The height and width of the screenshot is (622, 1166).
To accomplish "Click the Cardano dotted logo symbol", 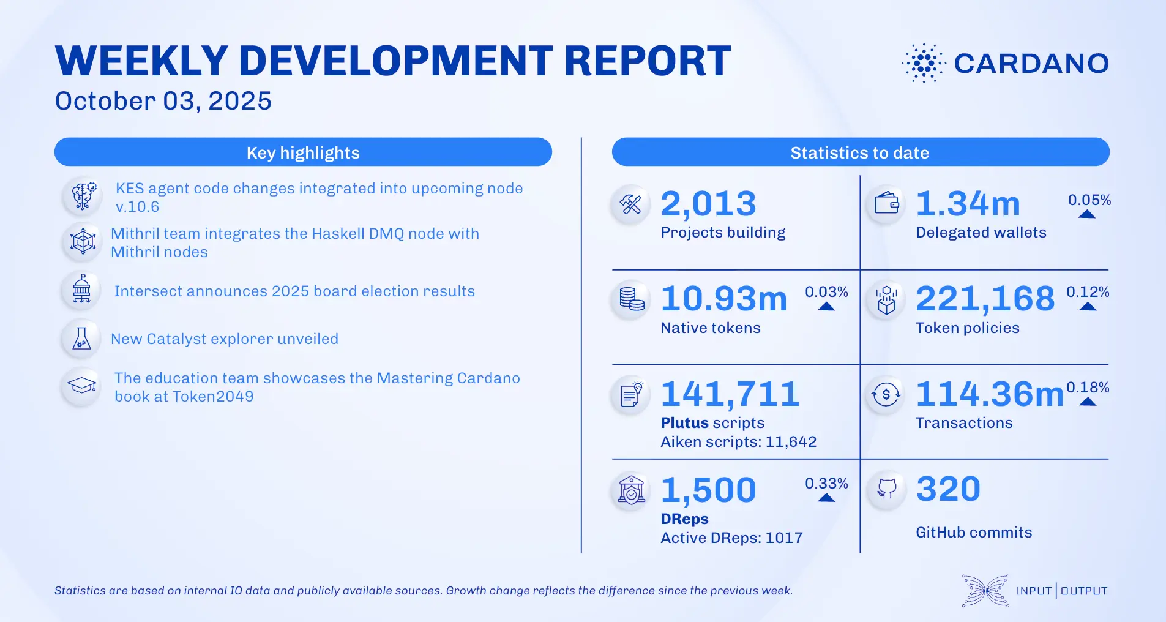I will (924, 63).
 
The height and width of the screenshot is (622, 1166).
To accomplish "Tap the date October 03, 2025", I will (163, 101).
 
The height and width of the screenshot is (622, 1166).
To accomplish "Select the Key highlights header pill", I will (303, 152).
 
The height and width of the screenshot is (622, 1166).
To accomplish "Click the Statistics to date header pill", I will (860, 152).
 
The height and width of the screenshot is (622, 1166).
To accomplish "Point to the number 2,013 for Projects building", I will (708, 204).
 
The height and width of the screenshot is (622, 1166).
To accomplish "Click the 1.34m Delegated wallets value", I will (968, 204).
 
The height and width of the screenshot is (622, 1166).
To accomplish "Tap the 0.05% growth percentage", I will (1089, 200).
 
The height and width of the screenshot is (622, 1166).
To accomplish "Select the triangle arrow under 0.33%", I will (826, 498).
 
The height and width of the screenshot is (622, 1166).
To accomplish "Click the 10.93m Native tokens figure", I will (723, 299).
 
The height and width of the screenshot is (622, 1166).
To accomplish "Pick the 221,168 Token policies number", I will (985, 299).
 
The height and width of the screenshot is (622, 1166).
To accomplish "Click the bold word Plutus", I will (684, 423).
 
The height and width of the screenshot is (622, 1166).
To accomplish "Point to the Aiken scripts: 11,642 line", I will (738, 442).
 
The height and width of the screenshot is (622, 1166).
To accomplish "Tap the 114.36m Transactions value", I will (989, 394).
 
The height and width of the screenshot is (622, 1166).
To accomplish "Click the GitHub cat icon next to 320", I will (886, 489).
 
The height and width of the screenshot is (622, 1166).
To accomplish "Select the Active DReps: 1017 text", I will (731, 538).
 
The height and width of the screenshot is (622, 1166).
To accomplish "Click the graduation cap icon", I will (81, 386).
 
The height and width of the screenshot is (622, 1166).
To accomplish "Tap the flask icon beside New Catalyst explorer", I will (81, 338).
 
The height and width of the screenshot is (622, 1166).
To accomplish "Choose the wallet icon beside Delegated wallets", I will (886, 203).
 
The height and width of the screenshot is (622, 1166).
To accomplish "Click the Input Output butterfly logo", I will (985, 591).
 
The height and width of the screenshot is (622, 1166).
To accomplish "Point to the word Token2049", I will (213, 397).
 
